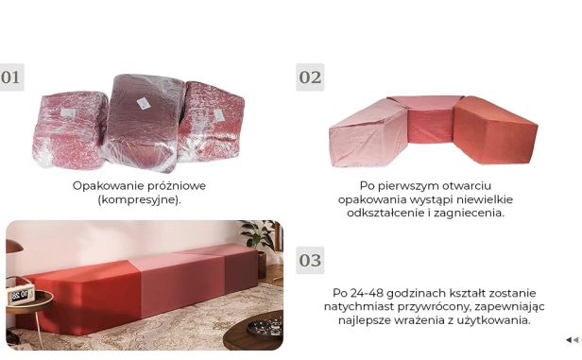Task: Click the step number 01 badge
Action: pyautogui.click(x=11, y=77)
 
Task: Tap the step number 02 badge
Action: pyautogui.click(x=310, y=77)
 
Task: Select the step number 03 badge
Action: pyautogui.click(x=310, y=260)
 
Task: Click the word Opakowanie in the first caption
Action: pyautogui.click(x=105, y=186)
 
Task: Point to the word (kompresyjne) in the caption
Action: pyautogui.click(x=139, y=200)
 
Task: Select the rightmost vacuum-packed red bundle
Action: pyautogui.click(x=212, y=121)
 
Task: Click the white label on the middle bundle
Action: pyautogui.click(x=144, y=102)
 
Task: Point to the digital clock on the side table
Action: pyautogui.click(x=21, y=296)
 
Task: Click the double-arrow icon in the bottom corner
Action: pyautogui.click(x=571, y=340)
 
